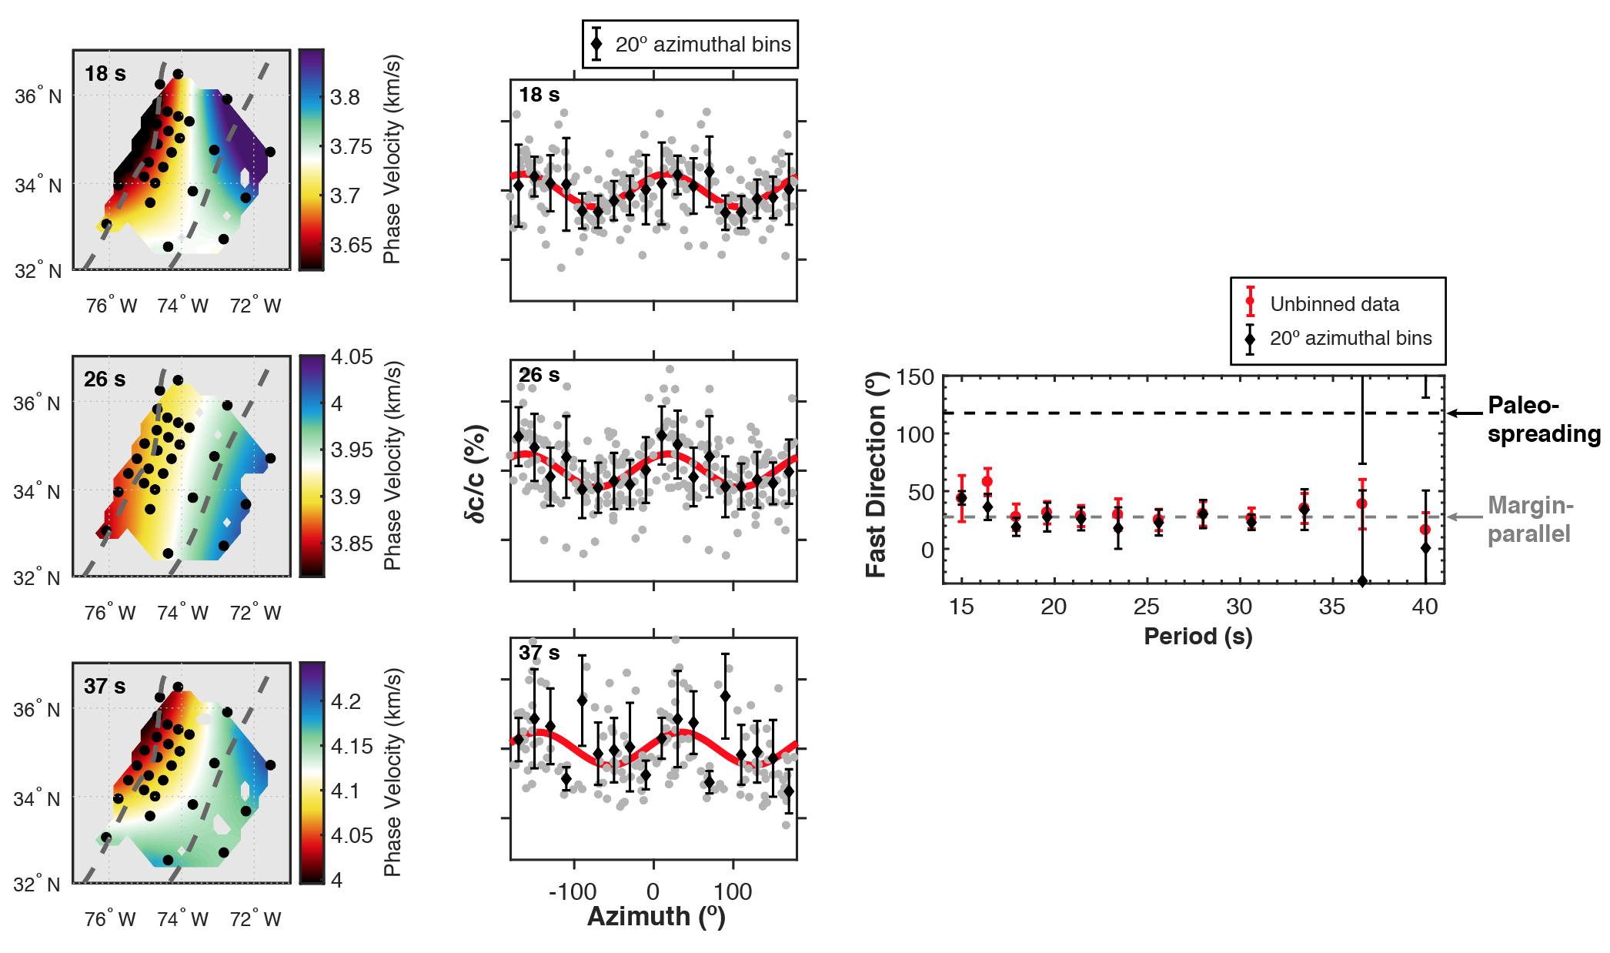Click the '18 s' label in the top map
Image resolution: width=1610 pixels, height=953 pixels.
(105, 74)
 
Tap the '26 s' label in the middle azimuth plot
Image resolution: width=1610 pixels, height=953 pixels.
(539, 375)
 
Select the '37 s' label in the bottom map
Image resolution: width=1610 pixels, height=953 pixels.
(105, 686)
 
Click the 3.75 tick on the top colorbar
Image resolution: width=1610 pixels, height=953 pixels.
(350, 146)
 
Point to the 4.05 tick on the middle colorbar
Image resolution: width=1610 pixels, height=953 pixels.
(351, 356)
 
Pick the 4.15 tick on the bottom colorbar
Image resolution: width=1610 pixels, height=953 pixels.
(351, 746)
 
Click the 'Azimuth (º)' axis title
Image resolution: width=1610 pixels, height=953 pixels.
(656, 916)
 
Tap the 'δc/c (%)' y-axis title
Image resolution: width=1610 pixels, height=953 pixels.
(476, 473)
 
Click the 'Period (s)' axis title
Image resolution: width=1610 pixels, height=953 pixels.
(1197, 636)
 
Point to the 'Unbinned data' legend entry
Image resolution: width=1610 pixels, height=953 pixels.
(1334, 304)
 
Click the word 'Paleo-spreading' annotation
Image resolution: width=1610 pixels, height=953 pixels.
(1542, 419)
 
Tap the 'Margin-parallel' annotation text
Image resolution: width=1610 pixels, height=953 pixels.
(1530, 519)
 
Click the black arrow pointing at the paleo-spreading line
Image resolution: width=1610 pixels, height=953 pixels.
(1465, 413)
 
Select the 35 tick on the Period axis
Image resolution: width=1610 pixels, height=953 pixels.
(1331, 607)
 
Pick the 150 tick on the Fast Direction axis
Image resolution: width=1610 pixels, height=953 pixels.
(915, 377)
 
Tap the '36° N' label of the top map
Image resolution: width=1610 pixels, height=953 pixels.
(38, 96)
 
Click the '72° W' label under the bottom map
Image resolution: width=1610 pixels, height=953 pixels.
(255, 918)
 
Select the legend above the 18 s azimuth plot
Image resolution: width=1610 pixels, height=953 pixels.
(690, 45)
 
